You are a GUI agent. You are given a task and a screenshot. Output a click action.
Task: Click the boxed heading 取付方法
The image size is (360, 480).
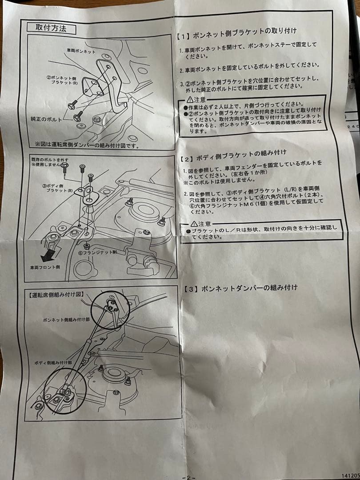[x=51, y=28]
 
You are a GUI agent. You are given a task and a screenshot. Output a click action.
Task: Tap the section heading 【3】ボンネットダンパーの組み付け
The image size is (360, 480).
[x=240, y=288]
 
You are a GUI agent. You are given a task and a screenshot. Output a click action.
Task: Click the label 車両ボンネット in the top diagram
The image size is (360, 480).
[x=81, y=52]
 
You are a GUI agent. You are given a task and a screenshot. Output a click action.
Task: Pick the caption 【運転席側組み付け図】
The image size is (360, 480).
[x=56, y=294]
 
